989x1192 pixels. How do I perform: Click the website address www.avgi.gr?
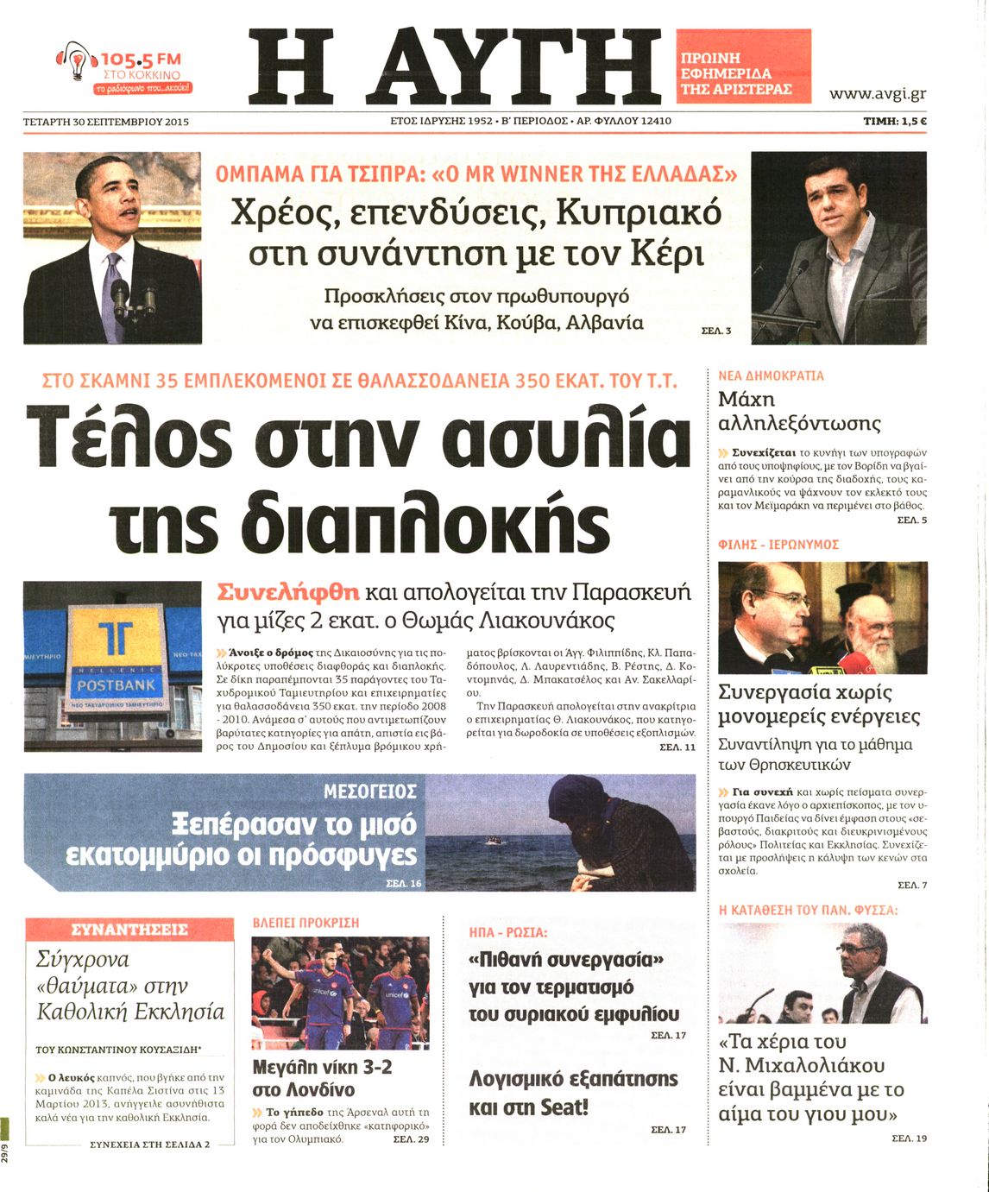tap(877, 93)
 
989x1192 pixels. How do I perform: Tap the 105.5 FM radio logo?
tap(125, 69)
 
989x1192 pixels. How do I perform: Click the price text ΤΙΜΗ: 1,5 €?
tap(895, 122)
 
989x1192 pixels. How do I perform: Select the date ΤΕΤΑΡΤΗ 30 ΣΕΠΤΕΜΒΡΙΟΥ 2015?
tap(105, 122)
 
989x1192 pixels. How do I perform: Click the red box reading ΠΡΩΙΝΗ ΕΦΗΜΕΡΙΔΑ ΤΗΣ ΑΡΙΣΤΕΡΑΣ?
tap(743, 66)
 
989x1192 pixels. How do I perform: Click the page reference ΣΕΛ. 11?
tap(677, 747)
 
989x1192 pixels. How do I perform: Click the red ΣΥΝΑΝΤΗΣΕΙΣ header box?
tap(129, 930)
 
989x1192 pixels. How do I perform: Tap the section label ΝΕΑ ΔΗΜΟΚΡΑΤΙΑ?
tap(771, 376)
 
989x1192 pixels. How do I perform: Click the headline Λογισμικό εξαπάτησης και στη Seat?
tap(573, 1092)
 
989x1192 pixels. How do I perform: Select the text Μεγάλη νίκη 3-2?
tap(322, 1067)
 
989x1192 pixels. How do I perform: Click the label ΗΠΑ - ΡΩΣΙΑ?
tap(508, 932)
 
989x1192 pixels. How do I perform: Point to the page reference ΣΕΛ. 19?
tap(910, 1138)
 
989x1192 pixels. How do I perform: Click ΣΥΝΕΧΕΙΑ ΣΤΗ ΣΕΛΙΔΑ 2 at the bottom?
tap(149, 1145)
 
